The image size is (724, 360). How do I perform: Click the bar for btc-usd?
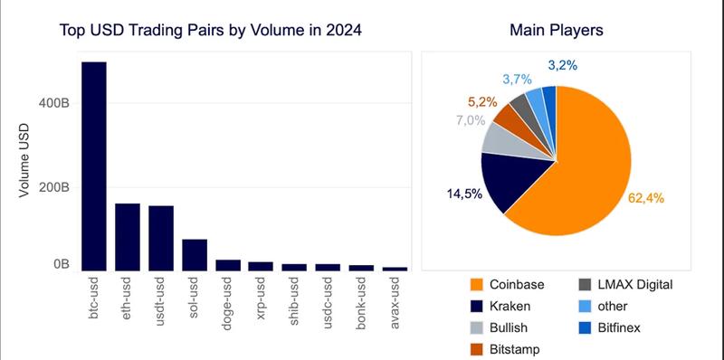pyautogui.click(x=94, y=166)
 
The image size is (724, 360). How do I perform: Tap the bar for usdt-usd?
pyautogui.click(x=161, y=238)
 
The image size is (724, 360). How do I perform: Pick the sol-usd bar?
pyautogui.click(x=195, y=255)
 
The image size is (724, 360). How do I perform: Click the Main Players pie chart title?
pyautogui.click(x=557, y=31)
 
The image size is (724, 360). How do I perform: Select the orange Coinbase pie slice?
pyautogui.click(x=597, y=172)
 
